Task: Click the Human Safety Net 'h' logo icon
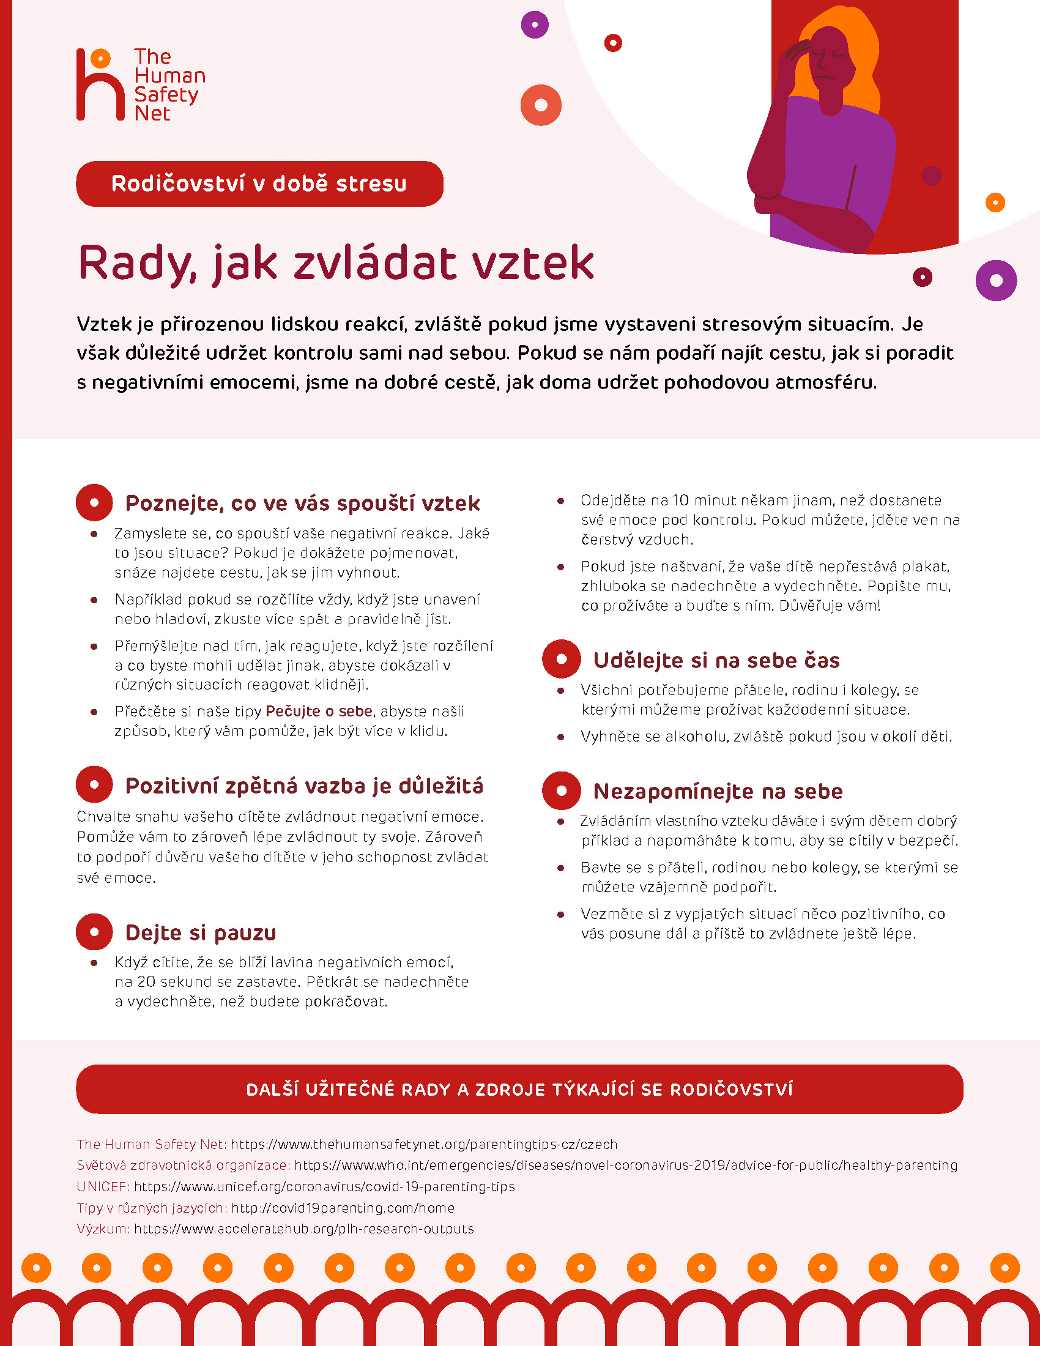(100, 85)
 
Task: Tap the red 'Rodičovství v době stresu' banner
(259, 184)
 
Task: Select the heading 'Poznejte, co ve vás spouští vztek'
(302, 504)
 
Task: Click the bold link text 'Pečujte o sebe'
(319, 711)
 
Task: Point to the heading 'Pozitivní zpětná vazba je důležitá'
(304, 786)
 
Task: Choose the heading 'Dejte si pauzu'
(200, 932)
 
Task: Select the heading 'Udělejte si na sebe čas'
(716, 661)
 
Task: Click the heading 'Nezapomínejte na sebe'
(718, 791)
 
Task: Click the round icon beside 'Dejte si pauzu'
(94, 932)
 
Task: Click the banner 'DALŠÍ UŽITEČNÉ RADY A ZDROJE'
(519, 1090)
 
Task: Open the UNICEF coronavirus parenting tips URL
(324, 1186)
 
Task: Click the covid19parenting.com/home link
(343, 1208)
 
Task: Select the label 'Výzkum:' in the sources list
(103, 1229)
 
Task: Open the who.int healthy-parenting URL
(625, 1166)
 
